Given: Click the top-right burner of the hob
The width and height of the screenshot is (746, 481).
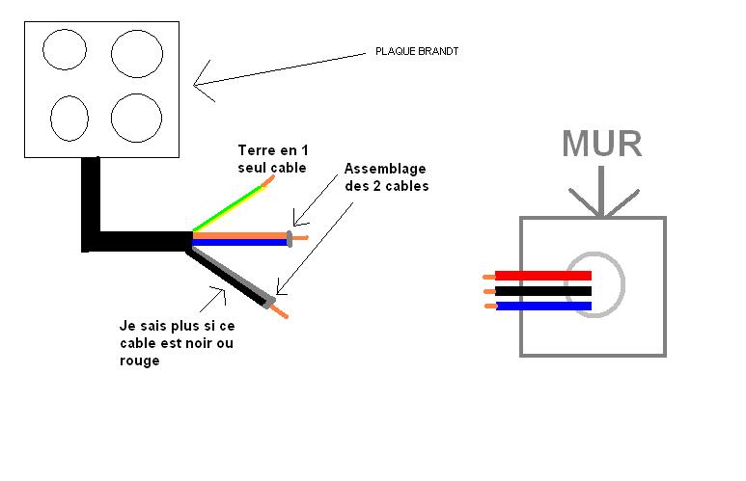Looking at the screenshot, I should point(135,53).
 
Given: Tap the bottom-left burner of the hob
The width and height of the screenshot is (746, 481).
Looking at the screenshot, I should point(69,119).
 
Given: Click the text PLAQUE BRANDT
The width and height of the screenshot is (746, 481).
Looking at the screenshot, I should point(416,51).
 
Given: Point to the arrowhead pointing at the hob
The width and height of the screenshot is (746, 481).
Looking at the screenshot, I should point(199,83).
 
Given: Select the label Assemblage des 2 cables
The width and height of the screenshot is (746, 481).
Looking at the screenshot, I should point(386,178).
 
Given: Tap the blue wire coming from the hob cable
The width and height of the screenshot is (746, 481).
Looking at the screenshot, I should point(241,242).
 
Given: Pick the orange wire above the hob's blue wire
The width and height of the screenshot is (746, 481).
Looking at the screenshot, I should point(241,233).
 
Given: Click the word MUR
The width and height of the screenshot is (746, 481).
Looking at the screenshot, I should point(602,144).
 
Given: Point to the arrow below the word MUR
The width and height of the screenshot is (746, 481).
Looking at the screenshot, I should point(601,193).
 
